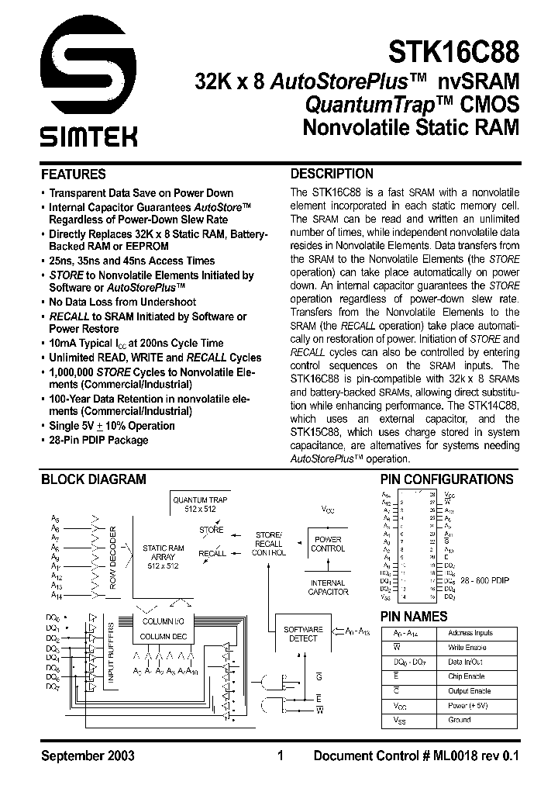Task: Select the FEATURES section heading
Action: click(x=73, y=175)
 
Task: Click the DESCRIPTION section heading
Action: click(x=331, y=174)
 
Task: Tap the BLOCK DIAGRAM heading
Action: click(x=93, y=479)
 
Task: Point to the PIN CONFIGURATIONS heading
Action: click(x=446, y=479)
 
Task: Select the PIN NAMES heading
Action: click(x=413, y=616)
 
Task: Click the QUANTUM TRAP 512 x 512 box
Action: click(x=200, y=505)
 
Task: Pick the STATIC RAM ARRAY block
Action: click(x=163, y=558)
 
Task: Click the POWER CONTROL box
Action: click(x=328, y=544)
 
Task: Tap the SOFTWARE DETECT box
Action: click(x=303, y=634)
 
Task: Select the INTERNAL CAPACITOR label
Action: click(x=328, y=587)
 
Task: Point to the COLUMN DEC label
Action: click(x=162, y=637)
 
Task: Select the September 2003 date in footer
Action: click(x=88, y=756)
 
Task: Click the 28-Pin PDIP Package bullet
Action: click(x=98, y=440)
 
